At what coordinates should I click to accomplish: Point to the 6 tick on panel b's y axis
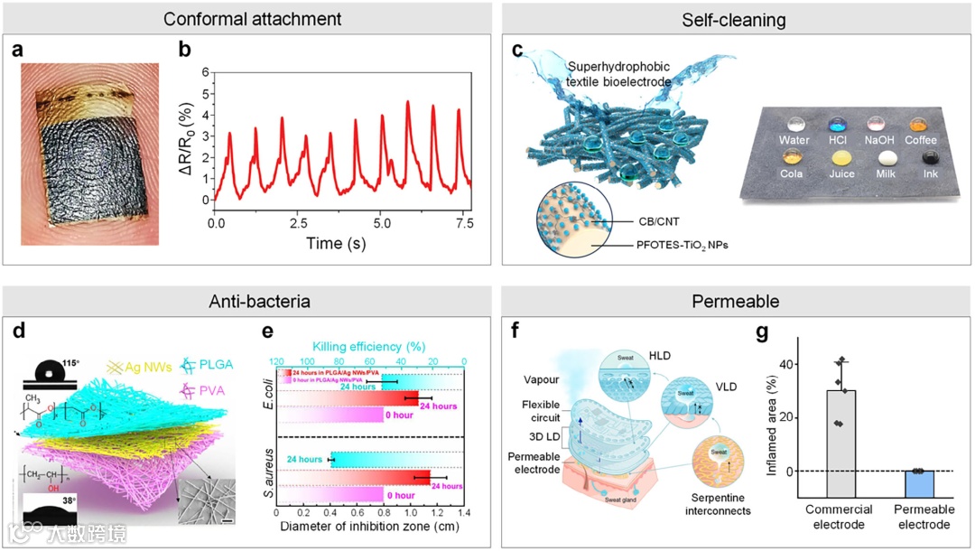click(x=206, y=71)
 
